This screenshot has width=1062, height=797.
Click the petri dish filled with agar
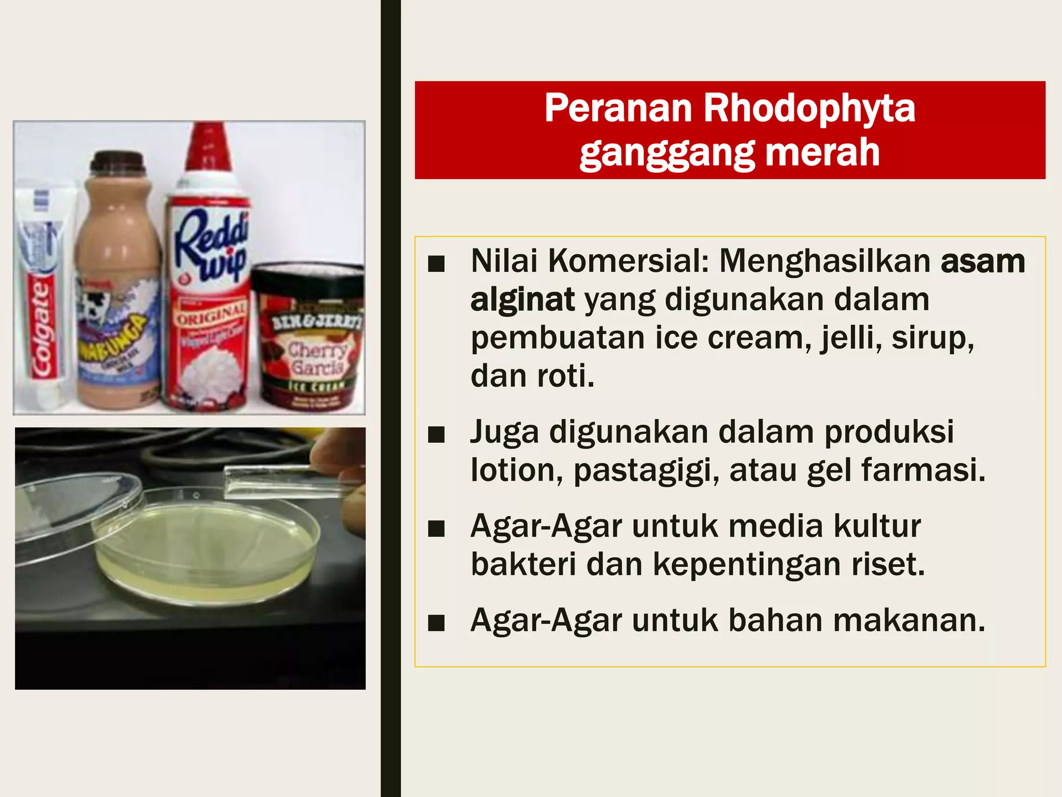point(207,550)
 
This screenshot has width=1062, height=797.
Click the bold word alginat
point(522,299)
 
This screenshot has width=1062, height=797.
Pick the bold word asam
point(983,261)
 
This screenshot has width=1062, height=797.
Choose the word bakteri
point(523,564)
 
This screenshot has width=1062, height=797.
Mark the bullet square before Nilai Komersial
point(437,264)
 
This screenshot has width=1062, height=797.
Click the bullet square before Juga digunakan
point(437,434)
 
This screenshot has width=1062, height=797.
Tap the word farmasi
point(923,470)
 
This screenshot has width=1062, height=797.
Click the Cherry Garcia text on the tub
point(317,358)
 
